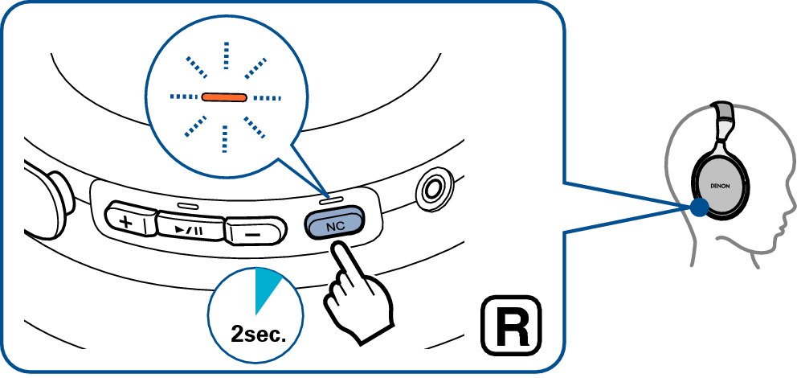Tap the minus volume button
click(x=254, y=233)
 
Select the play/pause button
click(x=190, y=228)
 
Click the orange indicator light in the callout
click(x=223, y=97)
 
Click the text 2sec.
click(x=255, y=335)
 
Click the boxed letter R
click(x=511, y=326)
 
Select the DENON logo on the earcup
click(x=720, y=187)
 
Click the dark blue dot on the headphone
click(x=700, y=207)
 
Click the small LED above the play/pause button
click(x=187, y=207)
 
